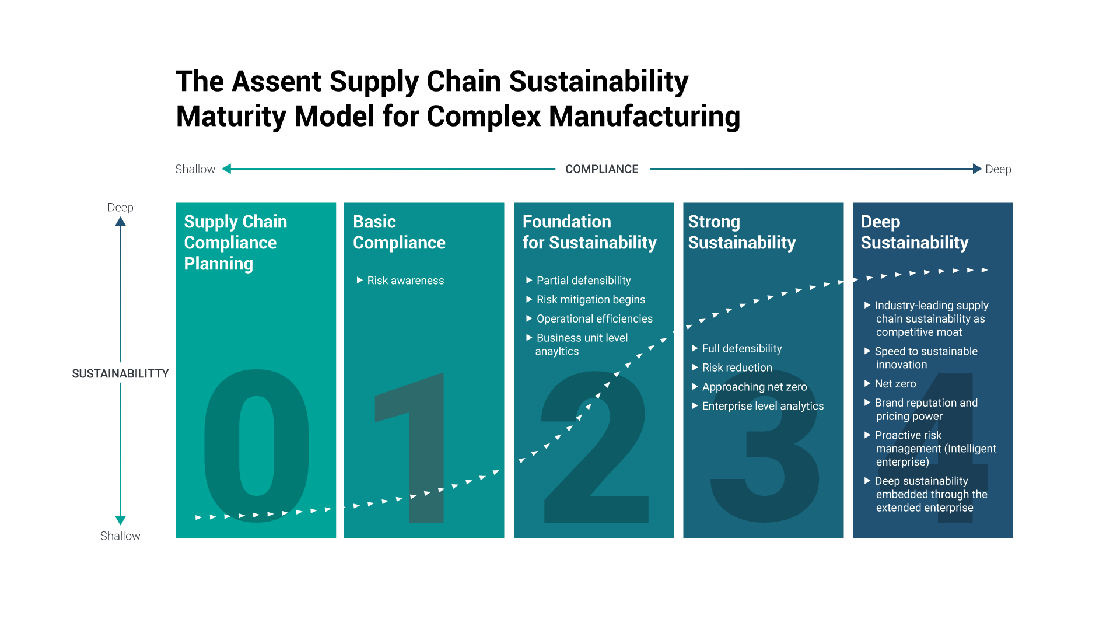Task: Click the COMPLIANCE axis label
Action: (x=601, y=169)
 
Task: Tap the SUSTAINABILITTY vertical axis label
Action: (x=120, y=373)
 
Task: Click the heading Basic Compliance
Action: (x=399, y=232)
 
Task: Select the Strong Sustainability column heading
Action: (x=741, y=232)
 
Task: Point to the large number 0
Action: (x=257, y=446)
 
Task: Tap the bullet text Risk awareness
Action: (x=405, y=281)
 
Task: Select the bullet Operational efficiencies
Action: (x=594, y=318)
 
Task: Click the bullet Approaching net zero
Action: (x=754, y=387)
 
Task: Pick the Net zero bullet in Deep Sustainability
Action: (x=895, y=384)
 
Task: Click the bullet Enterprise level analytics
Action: (x=762, y=406)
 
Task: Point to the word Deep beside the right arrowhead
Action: (x=998, y=169)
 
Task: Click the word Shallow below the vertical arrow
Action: (x=120, y=536)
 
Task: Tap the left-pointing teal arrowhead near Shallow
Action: (x=227, y=169)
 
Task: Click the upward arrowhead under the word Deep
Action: (x=120, y=222)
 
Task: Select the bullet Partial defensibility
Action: (x=583, y=281)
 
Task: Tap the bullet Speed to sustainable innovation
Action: (x=926, y=358)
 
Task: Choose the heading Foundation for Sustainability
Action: (x=589, y=232)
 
